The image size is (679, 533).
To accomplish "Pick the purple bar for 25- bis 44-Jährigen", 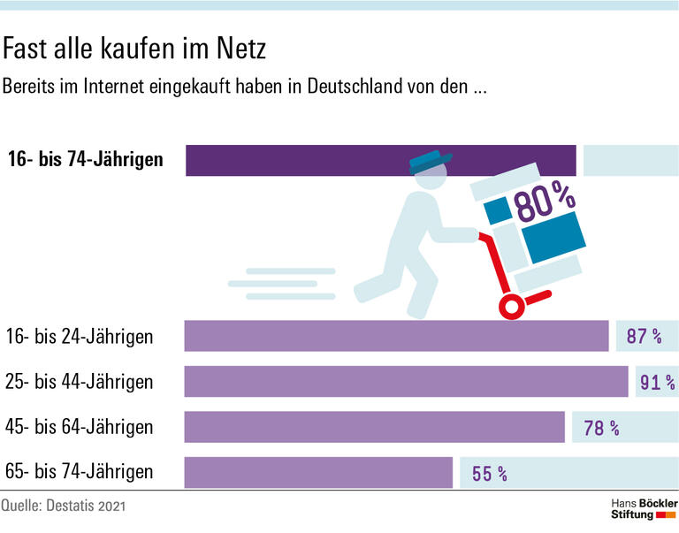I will [x=406, y=382].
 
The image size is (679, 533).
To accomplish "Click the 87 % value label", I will [x=644, y=337].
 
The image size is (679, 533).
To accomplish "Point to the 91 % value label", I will [x=657, y=383].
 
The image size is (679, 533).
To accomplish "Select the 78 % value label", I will [x=601, y=429].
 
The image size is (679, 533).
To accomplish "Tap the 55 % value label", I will [x=490, y=474].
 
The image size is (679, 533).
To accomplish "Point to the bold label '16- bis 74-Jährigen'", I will [x=85, y=160].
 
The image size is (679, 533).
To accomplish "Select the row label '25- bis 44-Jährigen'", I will [x=80, y=382].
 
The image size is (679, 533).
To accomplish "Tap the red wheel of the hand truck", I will [x=511, y=307].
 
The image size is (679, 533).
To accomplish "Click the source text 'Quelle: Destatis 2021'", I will [x=64, y=507].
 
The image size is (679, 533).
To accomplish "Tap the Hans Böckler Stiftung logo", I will [x=645, y=508].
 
